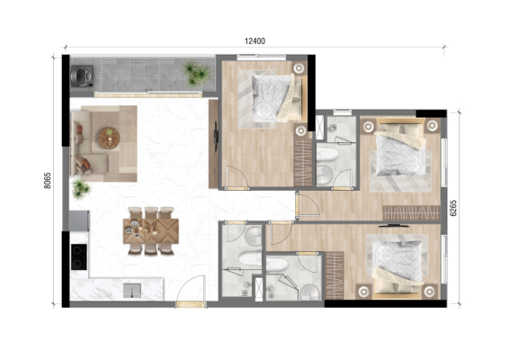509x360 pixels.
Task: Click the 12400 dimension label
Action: pos(254,41)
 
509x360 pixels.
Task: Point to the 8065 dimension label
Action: pos(48,181)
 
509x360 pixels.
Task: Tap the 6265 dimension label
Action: pos(453,208)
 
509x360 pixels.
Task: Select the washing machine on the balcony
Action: pos(82,76)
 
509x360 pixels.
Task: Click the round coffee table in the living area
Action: pos(109,139)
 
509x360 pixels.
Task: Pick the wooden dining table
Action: pos(150,231)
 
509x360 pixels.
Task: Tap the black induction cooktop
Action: pos(79,256)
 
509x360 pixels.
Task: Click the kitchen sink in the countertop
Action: pos(132,290)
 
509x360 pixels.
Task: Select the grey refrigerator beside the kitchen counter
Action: pos(79,220)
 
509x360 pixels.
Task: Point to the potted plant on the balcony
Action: pos(197,74)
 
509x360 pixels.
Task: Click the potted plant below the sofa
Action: pos(81,188)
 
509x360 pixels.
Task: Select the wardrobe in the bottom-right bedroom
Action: pos(335,275)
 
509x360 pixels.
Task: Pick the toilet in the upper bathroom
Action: pos(327,155)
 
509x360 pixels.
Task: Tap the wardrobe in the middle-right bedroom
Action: pos(411,213)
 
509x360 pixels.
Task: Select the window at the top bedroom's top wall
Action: pos(262,58)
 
